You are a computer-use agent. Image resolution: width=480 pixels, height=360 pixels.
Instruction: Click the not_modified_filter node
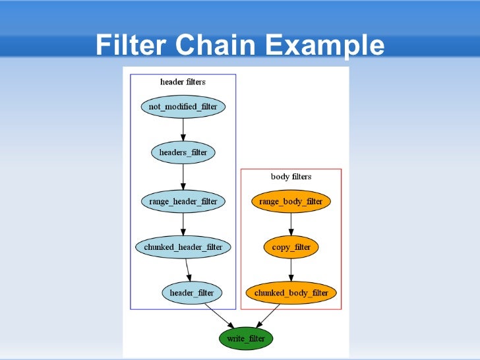click(183, 106)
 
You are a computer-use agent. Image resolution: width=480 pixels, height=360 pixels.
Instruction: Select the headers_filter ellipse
click(183, 153)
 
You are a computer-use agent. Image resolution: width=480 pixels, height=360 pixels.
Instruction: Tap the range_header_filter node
click(183, 200)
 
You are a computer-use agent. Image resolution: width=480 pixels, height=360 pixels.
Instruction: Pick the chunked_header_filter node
click(183, 247)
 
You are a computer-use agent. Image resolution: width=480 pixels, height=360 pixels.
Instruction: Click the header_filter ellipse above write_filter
click(192, 293)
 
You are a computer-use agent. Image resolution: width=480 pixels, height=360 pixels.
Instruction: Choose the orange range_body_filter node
click(291, 200)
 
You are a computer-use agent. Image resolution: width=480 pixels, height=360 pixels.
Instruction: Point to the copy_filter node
click(291, 247)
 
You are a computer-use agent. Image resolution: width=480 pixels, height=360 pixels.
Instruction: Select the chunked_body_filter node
click(291, 293)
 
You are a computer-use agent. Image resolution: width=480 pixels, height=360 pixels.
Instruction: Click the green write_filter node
click(245, 338)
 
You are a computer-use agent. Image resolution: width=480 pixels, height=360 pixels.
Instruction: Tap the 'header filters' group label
click(183, 82)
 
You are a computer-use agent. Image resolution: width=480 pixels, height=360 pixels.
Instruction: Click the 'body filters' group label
click(291, 177)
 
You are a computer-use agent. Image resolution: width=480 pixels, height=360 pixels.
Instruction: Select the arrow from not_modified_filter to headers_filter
click(183, 129)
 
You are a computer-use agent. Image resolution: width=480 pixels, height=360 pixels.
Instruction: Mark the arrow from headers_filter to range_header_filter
click(183, 177)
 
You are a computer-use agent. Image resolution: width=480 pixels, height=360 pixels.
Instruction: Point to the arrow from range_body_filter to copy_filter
click(291, 224)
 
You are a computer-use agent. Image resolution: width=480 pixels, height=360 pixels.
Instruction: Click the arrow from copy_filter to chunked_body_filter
click(291, 270)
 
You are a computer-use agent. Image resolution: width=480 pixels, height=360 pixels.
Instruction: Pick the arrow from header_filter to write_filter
click(219, 315)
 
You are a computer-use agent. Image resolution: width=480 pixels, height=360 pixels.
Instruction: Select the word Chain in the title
click(216, 45)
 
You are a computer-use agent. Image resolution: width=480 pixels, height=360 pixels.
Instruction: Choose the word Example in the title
click(323, 45)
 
